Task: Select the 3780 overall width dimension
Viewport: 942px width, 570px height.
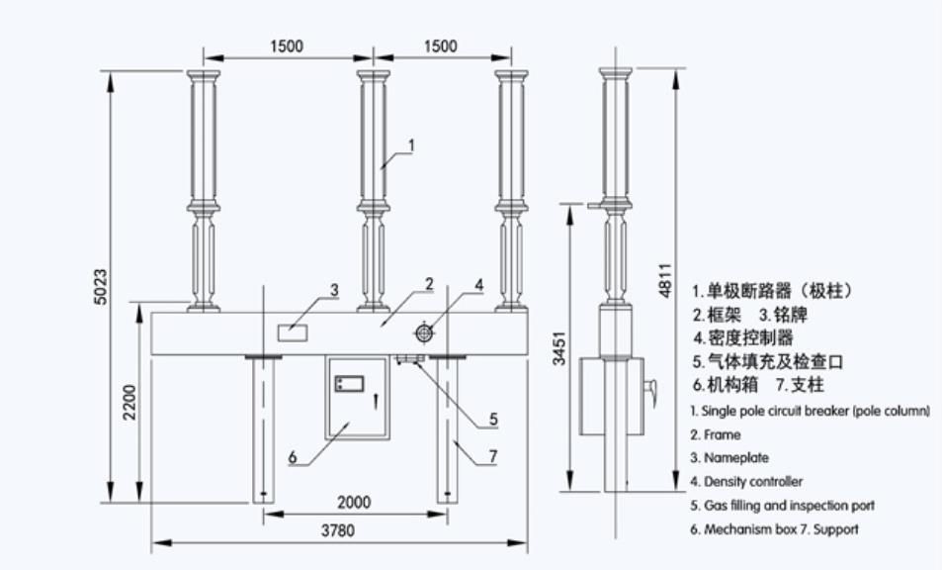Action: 338,530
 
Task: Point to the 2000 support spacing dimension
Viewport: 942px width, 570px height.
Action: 353,502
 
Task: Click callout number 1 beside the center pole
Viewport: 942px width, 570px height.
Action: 412,144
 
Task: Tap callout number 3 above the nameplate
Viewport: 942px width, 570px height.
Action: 334,290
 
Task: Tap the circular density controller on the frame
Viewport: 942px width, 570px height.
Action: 424,333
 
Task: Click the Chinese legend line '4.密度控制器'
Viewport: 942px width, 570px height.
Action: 742,337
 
